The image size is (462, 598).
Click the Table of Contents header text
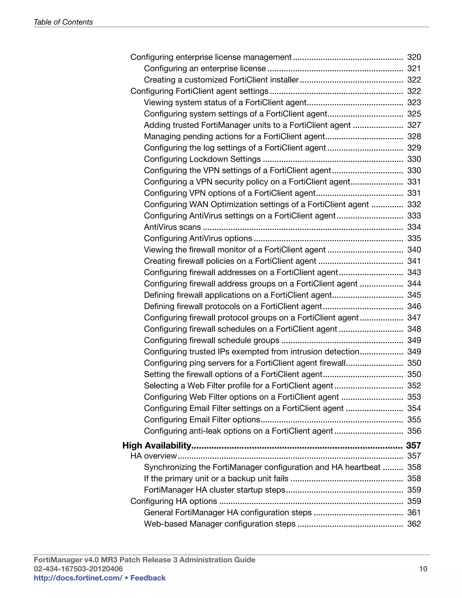63,22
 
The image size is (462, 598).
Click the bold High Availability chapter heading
157,445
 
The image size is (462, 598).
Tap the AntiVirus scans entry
172,227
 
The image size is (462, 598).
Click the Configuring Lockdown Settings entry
202,159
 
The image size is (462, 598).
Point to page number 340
414,250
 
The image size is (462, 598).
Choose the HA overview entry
154,456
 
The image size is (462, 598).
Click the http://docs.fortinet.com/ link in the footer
78,578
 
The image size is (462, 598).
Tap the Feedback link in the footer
148,578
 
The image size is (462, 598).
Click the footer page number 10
423,569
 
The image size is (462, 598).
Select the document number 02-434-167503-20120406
78,569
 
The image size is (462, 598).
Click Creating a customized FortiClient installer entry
221,80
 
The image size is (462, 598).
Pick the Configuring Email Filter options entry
202,420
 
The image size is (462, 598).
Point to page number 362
414,524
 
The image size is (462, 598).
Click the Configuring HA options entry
173,501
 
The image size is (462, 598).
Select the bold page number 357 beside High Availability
413,445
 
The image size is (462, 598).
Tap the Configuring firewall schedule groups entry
212,340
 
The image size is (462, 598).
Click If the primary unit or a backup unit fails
216,478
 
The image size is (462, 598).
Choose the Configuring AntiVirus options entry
198,238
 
